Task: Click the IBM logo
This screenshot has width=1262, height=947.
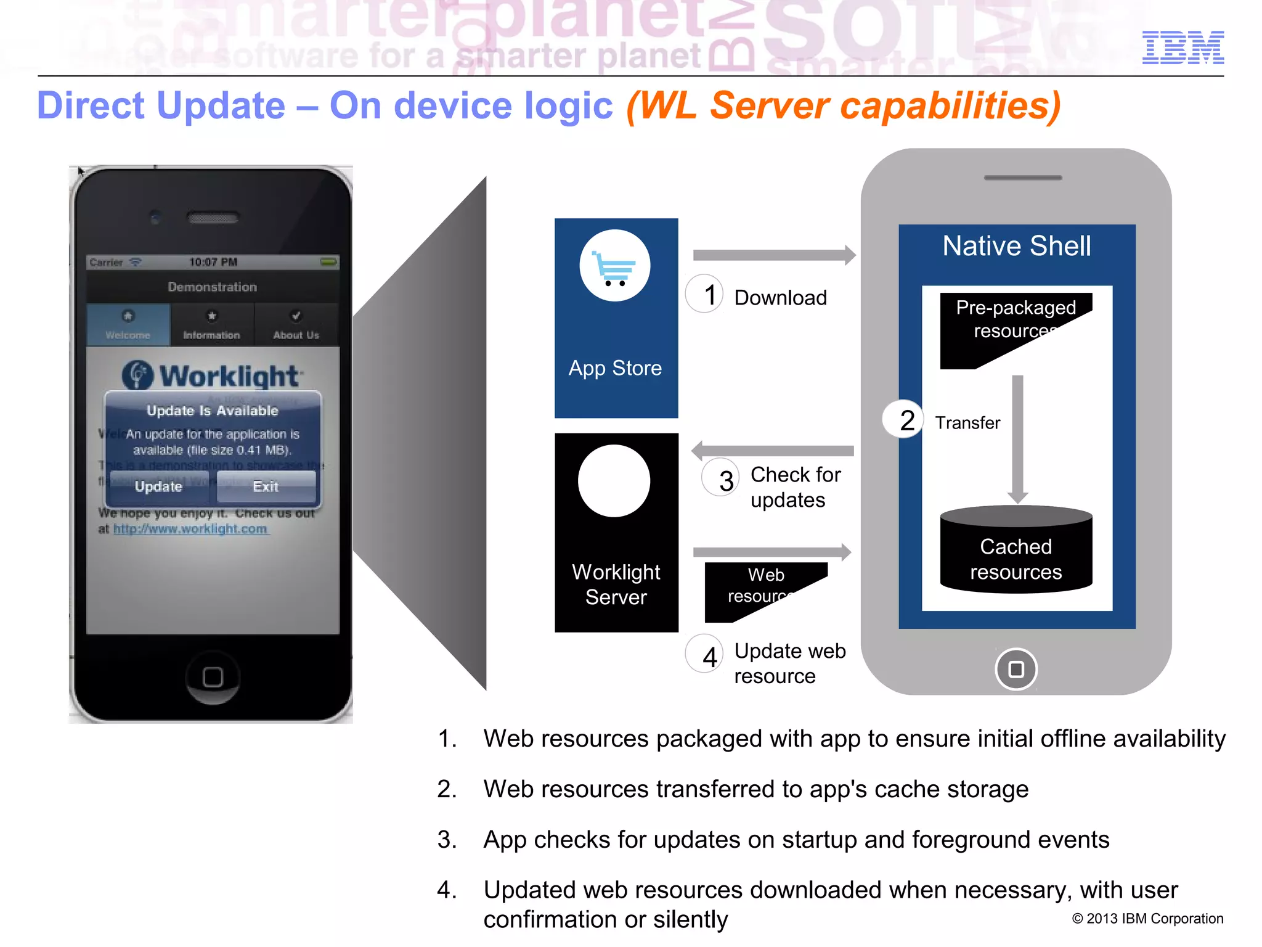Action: (1183, 47)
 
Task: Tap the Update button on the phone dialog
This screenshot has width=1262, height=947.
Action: (159, 486)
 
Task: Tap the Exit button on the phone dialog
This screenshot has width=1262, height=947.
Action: (266, 486)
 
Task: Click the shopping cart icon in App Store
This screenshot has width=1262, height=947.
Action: (614, 266)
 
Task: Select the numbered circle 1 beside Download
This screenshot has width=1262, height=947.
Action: (704, 294)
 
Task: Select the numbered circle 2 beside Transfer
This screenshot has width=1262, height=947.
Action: (903, 420)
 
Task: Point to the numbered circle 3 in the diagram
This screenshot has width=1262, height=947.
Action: (720, 478)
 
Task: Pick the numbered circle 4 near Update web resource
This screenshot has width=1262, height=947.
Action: (704, 654)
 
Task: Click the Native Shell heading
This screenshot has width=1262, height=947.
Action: (1016, 246)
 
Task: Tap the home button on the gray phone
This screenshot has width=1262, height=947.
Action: (1016, 669)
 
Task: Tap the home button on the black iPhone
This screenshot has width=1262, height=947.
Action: (213, 677)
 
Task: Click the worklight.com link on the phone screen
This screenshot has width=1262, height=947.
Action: (190, 529)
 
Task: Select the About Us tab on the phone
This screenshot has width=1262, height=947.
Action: (296, 325)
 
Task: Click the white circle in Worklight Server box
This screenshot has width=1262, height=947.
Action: (614, 480)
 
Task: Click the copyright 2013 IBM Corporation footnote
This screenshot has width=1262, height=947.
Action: (1147, 919)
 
